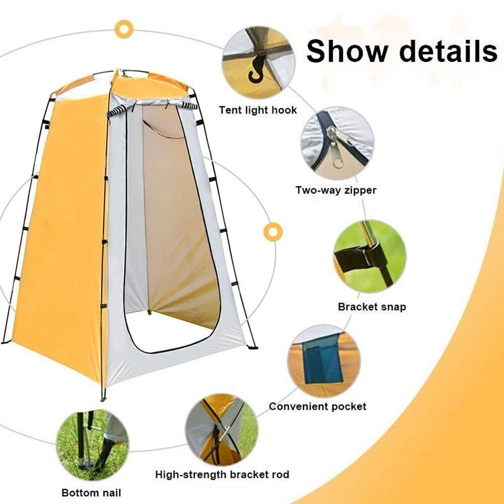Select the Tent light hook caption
coord(258,110)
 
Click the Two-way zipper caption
coord(336,190)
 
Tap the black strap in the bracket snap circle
coord(354,258)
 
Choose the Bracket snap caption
coord(372,307)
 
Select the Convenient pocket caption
coord(318,406)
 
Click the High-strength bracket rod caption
coord(222,475)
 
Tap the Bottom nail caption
coord(91,492)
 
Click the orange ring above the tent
coord(124,29)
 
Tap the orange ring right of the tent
coord(273,232)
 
